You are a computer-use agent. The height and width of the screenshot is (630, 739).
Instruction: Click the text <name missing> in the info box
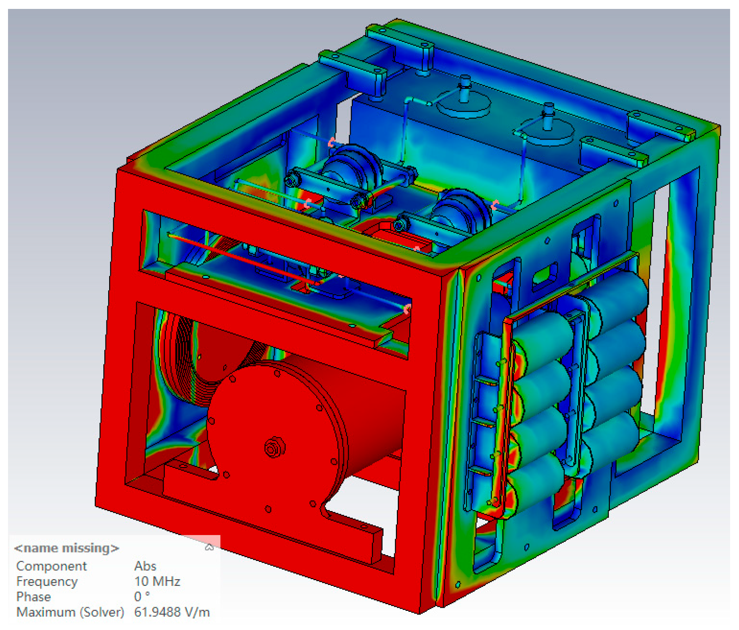(x=67, y=548)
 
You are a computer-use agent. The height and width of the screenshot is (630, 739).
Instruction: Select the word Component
(x=51, y=566)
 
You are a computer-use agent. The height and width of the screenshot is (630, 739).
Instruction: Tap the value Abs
(x=145, y=566)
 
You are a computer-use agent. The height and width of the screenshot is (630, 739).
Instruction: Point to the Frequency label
(x=47, y=581)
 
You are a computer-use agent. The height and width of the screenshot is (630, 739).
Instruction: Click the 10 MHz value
(x=157, y=581)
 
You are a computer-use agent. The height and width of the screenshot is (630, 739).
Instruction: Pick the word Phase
(x=33, y=597)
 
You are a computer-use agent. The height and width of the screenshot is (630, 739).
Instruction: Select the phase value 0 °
(x=142, y=596)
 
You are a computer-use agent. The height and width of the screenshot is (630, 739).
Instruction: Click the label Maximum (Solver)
(x=70, y=612)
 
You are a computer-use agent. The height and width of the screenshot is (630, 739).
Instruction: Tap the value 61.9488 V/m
(x=172, y=612)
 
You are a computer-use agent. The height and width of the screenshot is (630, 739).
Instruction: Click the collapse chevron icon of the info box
(x=209, y=547)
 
